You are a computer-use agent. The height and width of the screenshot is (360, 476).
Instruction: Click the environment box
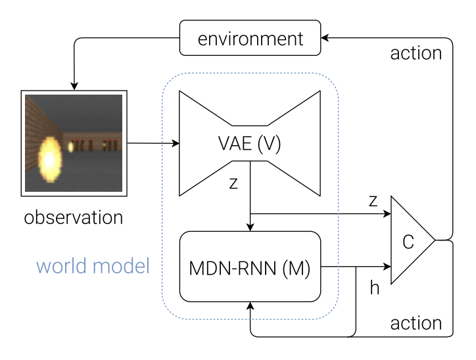[251, 38]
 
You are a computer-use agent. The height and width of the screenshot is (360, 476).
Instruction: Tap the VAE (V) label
[250, 144]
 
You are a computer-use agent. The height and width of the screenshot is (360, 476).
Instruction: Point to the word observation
[73, 216]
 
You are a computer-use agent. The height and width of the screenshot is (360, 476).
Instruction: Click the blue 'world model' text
[93, 266]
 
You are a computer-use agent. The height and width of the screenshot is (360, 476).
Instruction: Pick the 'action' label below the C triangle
[416, 323]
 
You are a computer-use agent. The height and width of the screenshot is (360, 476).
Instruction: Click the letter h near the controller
[375, 288]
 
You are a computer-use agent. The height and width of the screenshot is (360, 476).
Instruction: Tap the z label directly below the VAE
[233, 184]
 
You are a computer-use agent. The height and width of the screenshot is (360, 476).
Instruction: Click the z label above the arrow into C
[373, 201]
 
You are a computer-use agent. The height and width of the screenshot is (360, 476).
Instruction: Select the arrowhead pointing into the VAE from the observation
[176, 143]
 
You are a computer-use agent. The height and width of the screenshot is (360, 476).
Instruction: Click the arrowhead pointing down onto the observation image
[74, 85]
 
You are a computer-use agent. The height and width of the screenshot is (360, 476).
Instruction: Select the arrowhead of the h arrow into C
[387, 267]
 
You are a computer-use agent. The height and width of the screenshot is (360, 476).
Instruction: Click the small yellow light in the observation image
[71, 147]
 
